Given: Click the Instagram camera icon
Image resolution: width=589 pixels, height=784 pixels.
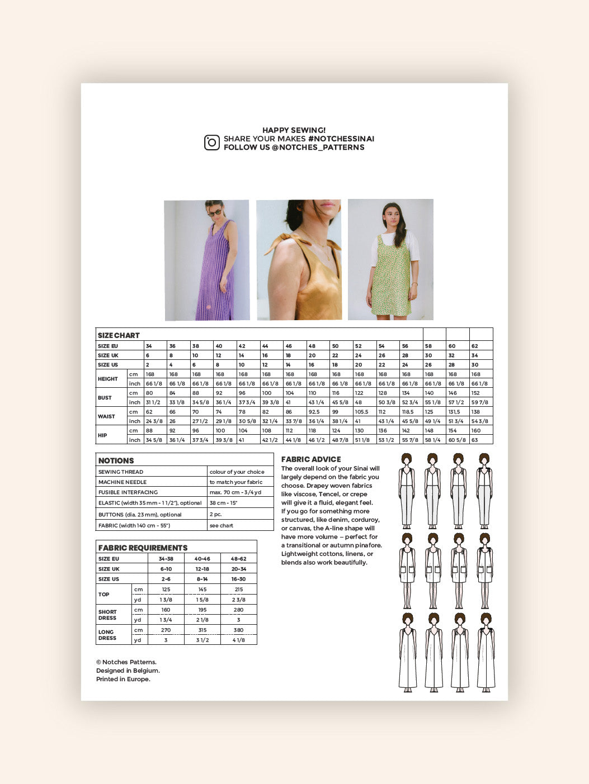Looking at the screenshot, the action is [x=211, y=142].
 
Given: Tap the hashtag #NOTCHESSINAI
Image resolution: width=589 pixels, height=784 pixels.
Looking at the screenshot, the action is [x=341, y=139].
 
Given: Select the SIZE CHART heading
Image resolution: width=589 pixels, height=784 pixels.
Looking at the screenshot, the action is [x=119, y=335].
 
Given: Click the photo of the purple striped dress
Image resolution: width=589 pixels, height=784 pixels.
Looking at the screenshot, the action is [x=207, y=260].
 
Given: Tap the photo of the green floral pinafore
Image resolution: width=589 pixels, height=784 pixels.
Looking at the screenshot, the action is [x=390, y=260].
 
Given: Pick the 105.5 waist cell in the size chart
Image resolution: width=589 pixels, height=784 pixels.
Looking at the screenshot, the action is [x=361, y=412].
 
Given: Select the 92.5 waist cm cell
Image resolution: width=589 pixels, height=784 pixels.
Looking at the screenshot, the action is [x=314, y=412].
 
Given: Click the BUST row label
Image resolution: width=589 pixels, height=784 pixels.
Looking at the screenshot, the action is [x=105, y=398].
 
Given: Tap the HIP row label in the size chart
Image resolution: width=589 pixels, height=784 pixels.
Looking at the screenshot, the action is [x=102, y=435].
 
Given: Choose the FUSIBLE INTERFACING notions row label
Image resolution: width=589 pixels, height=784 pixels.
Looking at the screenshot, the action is [x=128, y=492].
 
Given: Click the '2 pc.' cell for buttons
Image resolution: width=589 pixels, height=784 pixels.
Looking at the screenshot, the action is [x=215, y=515].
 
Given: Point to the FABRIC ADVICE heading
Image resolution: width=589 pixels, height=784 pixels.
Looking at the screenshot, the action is [x=311, y=459].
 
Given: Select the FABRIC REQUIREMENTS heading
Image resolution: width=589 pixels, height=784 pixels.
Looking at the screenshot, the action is [x=143, y=548].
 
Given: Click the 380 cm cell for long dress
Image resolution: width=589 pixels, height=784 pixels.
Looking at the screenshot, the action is [x=238, y=630].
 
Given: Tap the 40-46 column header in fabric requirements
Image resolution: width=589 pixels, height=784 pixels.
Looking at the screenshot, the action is [x=202, y=559].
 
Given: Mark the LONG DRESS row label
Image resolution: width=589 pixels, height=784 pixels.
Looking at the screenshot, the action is [x=107, y=635].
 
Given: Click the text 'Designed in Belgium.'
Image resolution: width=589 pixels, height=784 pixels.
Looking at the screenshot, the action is [x=128, y=671].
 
